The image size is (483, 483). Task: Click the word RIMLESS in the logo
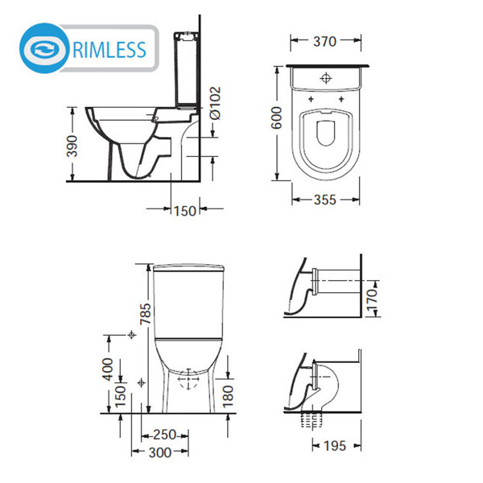(x=109, y=50)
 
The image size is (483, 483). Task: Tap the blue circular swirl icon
(x=44, y=48)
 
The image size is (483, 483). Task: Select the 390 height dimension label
(x=72, y=146)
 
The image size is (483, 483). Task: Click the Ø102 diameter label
(x=215, y=103)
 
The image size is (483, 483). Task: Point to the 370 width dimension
(x=324, y=41)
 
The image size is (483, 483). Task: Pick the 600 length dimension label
(x=277, y=118)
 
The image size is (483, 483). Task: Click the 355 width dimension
(x=325, y=200)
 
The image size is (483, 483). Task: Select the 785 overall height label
(x=146, y=314)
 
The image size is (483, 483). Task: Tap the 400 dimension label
(x=108, y=369)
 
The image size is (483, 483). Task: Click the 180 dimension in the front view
(x=228, y=396)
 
